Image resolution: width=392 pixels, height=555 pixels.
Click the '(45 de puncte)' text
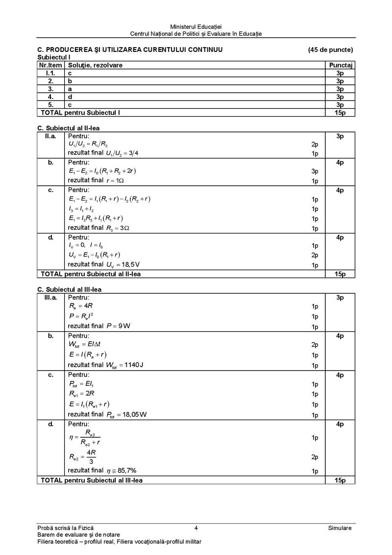pyautogui.click(x=330, y=50)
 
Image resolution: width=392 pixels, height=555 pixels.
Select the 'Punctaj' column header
pyautogui.click(x=342, y=65)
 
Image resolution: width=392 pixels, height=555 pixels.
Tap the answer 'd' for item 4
pyautogui.click(x=70, y=97)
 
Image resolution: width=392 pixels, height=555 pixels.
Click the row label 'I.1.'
pyautogui.click(x=50, y=73)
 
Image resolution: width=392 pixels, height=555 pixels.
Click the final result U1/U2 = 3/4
pyautogui.click(x=122, y=153)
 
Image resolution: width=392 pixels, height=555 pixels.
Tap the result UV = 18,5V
pyautogui.click(x=125, y=265)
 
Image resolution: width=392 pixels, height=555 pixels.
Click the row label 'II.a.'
pyautogui.click(x=50, y=135)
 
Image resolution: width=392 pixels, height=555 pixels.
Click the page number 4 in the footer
pyautogui.click(x=196, y=528)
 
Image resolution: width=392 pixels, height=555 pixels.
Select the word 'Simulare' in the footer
pyautogui.click(x=340, y=528)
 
